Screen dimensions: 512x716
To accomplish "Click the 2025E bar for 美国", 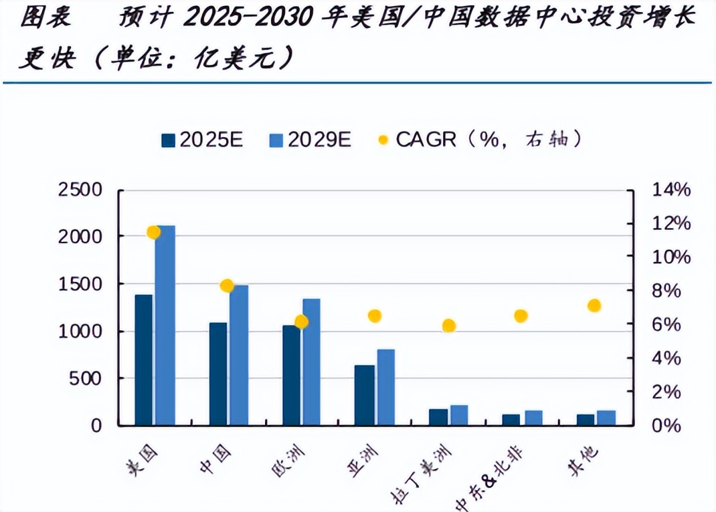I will pyautogui.click(x=143, y=360).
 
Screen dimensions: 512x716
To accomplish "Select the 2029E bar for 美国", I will pyautogui.click(x=165, y=325).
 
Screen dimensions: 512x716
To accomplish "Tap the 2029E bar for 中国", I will pyautogui.click(x=238, y=355).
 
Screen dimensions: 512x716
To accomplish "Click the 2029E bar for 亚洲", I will pyautogui.click(x=385, y=387).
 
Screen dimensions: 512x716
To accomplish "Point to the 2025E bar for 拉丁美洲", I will pyautogui.click(x=438, y=417).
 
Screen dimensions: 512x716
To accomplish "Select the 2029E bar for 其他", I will pyautogui.click(x=606, y=418).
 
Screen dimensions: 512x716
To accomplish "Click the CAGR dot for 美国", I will pyautogui.click(x=154, y=232).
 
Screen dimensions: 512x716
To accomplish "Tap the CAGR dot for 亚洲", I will pyautogui.click(x=375, y=315).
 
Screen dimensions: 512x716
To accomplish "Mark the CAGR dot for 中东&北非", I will pyautogui.click(x=521, y=315).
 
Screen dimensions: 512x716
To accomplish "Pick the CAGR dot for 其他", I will pyautogui.click(x=594, y=305).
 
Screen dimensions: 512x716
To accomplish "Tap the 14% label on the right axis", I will pyautogui.click(x=670, y=190).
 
